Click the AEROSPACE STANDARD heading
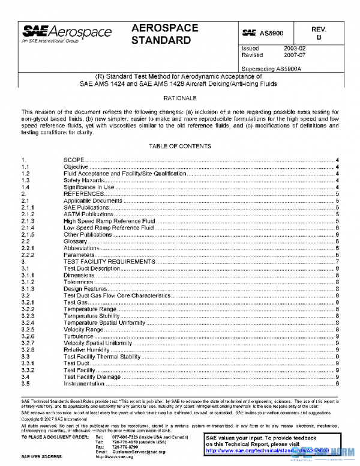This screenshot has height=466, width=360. point(161,34)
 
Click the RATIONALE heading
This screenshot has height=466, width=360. point(180,98)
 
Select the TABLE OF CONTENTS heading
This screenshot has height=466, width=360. point(179,147)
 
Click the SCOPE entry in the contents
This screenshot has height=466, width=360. point(75,160)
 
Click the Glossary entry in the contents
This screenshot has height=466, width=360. point(75,241)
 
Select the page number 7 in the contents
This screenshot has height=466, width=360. point(338,262)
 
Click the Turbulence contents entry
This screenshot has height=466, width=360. point(79,336)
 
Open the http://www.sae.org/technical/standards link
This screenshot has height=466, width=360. point(264,449)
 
